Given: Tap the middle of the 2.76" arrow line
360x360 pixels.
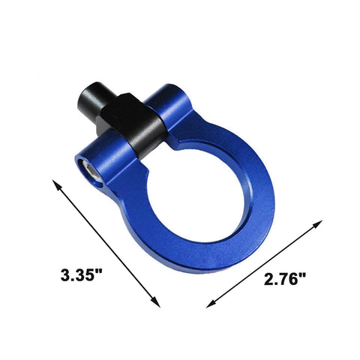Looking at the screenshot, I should point(265,263).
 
